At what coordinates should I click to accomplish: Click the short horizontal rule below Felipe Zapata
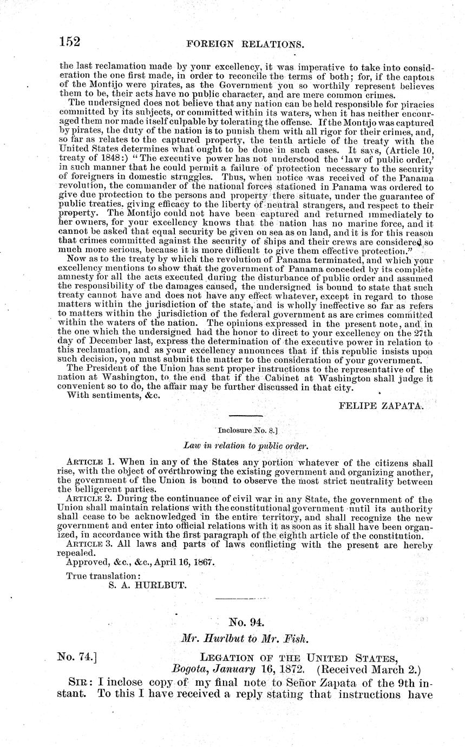coord(246,416)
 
